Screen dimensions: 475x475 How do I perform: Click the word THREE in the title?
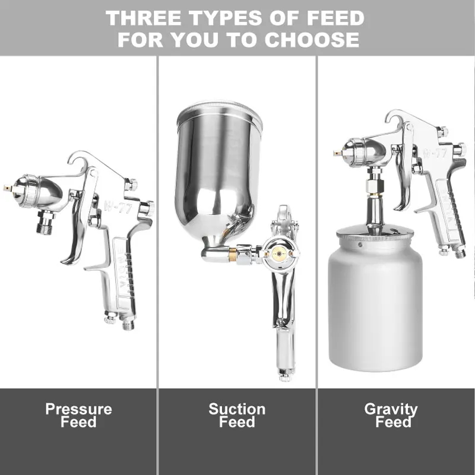pos(145,18)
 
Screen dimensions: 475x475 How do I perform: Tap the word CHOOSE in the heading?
pos(312,39)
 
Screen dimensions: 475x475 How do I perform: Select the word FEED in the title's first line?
pos(335,18)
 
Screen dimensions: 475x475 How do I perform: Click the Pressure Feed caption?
pos(79,415)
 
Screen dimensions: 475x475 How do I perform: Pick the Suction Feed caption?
pos(237,415)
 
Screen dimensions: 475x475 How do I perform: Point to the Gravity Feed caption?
pos(391,415)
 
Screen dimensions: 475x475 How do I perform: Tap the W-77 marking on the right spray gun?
pos(435,153)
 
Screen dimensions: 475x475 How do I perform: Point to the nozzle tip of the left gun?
pos(8,188)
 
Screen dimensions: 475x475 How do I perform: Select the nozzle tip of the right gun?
pos(337,153)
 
